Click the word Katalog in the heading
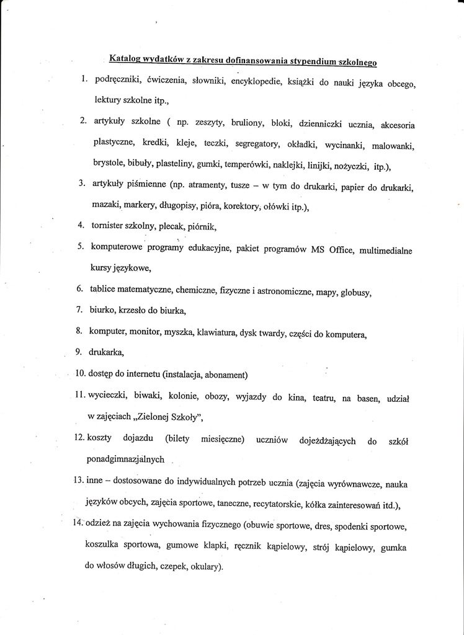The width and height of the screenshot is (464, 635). (x=125, y=59)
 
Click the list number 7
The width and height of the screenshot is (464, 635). (x=79, y=309)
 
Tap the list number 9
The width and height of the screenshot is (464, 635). (x=79, y=352)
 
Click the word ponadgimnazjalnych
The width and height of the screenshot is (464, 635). (x=125, y=460)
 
